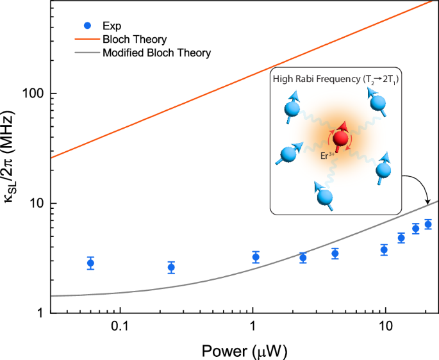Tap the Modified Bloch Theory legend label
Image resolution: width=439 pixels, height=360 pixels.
pos(156,52)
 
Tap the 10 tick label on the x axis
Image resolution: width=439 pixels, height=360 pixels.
pos(385,326)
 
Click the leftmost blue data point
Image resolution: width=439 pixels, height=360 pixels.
pos(90,263)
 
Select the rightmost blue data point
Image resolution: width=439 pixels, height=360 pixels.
pos(427,224)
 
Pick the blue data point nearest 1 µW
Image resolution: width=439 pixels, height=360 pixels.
pos(256,258)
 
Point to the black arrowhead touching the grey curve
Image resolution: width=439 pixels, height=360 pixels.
pos(427,204)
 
